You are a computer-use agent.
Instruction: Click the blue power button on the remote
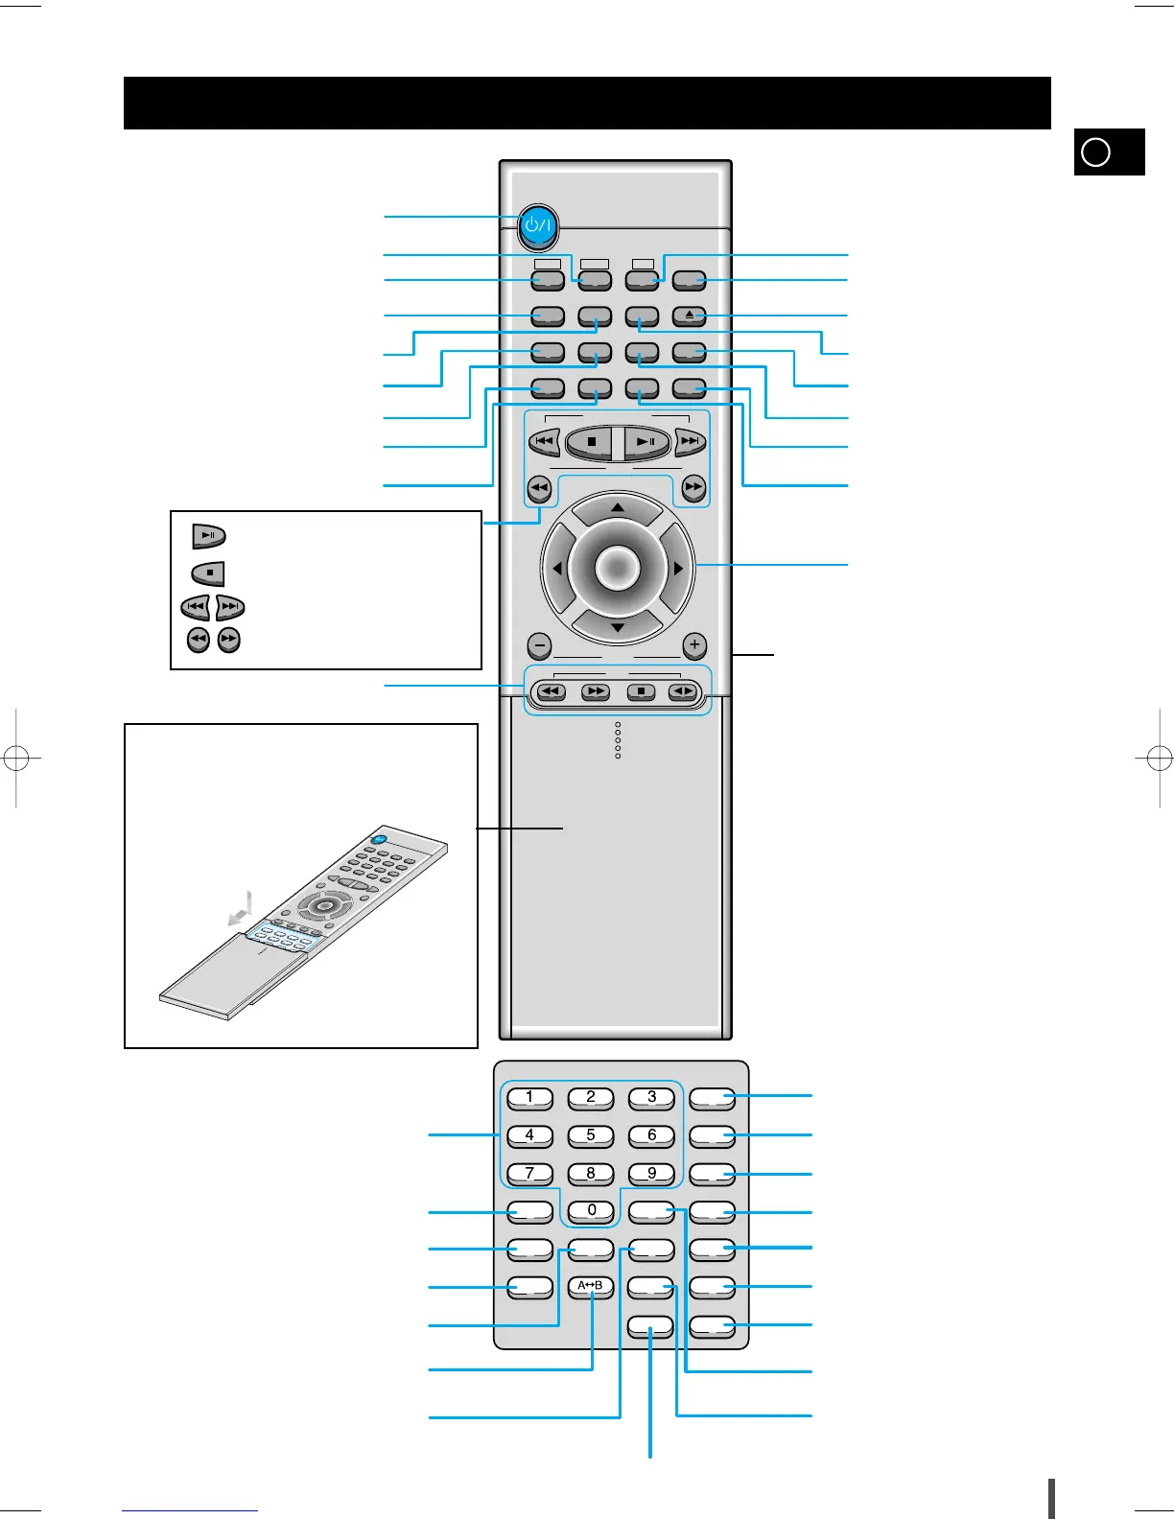pyautogui.click(x=539, y=226)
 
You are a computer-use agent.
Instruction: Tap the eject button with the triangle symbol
pyautogui.click(x=689, y=315)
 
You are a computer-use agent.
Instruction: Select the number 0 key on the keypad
pyautogui.click(x=591, y=1210)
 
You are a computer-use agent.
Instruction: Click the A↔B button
pyautogui.click(x=590, y=1286)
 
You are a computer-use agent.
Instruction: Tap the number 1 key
pyautogui.click(x=529, y=1097)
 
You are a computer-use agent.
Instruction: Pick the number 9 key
pyautogui.click(x=651, y=1173)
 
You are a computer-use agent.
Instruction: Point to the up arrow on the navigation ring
pyautogui.click(x=618, y=507)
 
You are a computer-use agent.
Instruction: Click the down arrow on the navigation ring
pyautogui.click(x=618, y=628)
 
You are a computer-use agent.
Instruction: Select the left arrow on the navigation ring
pyautogui.click(x=557, y=569)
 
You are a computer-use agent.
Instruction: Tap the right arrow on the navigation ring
pyautogui.click(x=678, y=569)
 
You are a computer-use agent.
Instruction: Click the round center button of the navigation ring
pyautogui.click(x=617, y=568)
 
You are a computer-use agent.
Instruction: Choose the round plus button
pyautogui.click(x=694, y=645)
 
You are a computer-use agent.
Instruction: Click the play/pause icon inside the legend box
pyautogui.click(x=209, y=535)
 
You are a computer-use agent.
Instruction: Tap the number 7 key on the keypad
pyautogui.click(x=529, y=1173)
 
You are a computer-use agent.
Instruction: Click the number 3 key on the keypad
pyautogui.click(x=651, y=1097)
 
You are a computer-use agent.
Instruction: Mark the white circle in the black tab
pyautogui.click(x=1095, y=152)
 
